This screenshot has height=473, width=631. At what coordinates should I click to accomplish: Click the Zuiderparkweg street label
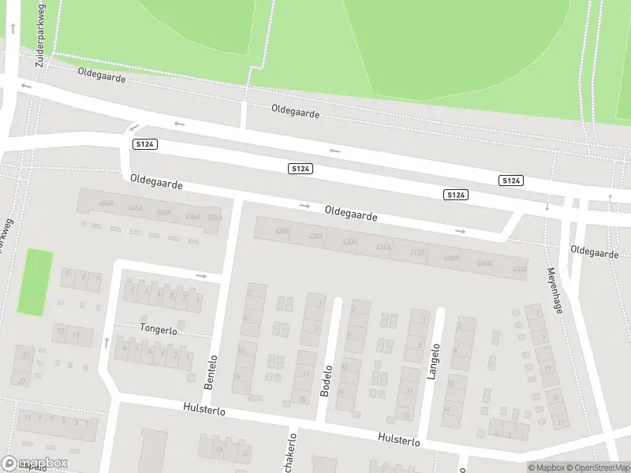tap(40, 32)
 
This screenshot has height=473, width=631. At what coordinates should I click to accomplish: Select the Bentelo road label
tap(211, 370)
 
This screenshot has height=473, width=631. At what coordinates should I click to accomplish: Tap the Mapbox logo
tap(35, 464)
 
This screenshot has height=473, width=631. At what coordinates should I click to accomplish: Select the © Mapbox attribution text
tap(547, 467)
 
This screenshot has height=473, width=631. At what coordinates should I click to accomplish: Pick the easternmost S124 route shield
tap(511, 181)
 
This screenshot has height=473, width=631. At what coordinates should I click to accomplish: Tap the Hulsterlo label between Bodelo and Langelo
tap(399, 438)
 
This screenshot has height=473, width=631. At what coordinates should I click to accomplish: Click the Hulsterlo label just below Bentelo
tap(203, 410)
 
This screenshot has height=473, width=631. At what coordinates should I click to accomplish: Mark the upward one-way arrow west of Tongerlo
tap(106, 341)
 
